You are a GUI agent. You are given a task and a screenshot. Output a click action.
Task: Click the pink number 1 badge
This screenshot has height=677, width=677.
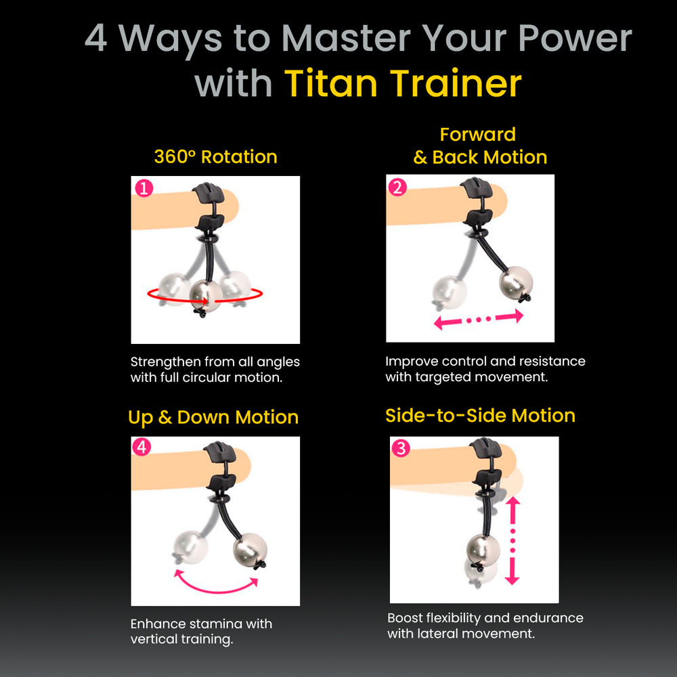tap(144, 188)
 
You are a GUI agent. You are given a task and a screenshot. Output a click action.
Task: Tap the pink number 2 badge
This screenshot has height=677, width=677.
tap(397, 188)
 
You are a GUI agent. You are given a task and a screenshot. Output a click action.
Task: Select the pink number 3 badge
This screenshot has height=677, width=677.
tap(401, 448)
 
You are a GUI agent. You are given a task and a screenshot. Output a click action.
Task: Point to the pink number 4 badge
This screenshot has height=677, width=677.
tap(142, 447)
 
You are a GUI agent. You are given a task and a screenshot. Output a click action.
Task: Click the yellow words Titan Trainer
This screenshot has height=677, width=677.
tap(403, 83)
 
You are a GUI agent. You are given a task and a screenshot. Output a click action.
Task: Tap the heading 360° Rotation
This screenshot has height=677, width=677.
tap(215, 157)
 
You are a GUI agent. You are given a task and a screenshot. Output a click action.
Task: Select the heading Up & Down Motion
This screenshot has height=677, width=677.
tap(213, 418)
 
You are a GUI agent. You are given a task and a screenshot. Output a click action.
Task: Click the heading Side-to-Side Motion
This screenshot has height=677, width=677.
tap(480, 416)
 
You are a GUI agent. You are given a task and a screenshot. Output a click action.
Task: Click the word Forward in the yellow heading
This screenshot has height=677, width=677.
tap(477, 134)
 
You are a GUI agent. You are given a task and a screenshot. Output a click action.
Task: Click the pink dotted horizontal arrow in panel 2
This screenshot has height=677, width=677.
tap(478, 320)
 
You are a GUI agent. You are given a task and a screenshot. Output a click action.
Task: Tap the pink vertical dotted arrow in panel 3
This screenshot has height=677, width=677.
tap(512, 540)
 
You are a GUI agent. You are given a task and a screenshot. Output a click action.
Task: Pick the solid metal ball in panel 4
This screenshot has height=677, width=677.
tap(250, 548)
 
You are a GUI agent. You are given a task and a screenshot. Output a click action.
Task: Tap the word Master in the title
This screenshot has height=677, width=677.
tap(346, 38)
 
